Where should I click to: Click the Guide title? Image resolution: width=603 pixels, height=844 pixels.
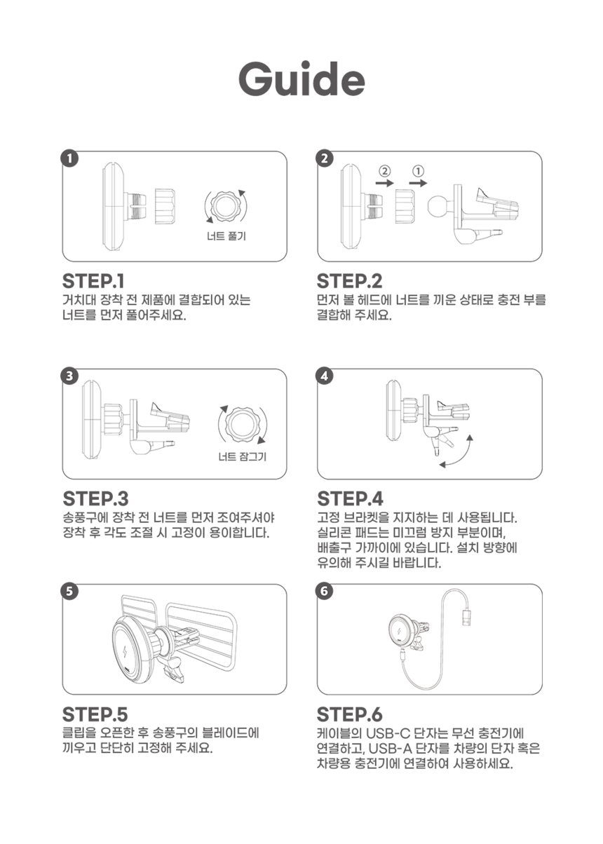pos(302,79)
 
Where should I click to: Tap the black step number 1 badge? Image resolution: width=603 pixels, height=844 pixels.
pos(69,158)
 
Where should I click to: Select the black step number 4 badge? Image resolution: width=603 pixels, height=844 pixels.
pos(325,376)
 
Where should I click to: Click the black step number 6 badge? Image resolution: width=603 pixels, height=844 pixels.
pos(325,591)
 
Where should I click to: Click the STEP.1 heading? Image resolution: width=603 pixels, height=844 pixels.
pos(93,281)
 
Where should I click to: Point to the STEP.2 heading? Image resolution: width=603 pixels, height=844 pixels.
pos(349,281)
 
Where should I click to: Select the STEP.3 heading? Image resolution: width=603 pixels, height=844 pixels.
pos(96,498)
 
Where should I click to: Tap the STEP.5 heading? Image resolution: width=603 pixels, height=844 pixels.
pos(95,714)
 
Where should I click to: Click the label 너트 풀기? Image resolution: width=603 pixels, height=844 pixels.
pos(226,236)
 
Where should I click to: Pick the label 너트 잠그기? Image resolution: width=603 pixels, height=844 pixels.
pos(243,457)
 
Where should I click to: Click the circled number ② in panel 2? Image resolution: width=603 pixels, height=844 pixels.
pos(384,171)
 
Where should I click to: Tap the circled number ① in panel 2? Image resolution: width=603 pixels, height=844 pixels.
pos(419,171)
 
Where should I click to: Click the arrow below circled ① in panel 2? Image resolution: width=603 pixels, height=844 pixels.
pos(418,183)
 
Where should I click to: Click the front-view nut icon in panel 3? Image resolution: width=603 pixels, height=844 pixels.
pos(242,424)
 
